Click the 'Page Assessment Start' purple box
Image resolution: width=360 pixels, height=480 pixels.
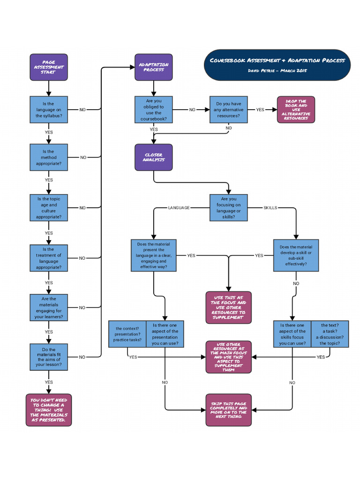(x=49, y=67)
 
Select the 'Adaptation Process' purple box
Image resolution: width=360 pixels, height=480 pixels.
(x=154, y=67)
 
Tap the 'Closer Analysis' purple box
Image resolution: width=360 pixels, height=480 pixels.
(x=154, y=157)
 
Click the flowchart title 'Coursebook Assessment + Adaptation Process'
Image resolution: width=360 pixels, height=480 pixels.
(x=277, y=60)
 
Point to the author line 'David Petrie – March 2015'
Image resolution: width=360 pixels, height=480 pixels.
(x=277, y=70)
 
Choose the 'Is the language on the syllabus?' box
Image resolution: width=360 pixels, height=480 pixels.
(x=49, y=110)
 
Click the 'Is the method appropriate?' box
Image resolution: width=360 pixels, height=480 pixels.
(x=49, y=157)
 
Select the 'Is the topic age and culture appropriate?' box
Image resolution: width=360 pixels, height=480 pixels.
(x=49, y=208)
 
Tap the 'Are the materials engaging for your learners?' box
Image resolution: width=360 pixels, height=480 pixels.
(x=49, y=307)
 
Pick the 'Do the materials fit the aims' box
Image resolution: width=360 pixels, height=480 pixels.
(x=49, y=357)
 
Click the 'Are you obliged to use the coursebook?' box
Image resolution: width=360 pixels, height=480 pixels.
(x=154, y=110)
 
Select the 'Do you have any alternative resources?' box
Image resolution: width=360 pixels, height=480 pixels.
(x=228, y=110)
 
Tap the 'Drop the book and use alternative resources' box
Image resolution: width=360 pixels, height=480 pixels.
(x=296, y=110)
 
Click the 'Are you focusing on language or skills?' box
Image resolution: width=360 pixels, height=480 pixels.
(x=228, y=208)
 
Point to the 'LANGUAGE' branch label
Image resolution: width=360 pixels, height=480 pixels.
(x=179, y=208)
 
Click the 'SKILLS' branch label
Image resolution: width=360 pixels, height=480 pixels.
(x=270, y=208)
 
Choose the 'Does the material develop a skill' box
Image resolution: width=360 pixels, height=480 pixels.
(x=296, y=255)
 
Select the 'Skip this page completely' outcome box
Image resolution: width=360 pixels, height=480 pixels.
(x=228, y=410)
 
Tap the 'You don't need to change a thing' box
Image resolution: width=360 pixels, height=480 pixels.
(x=49, y=410)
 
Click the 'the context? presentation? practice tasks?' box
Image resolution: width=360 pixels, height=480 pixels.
(x=127, y=334)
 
